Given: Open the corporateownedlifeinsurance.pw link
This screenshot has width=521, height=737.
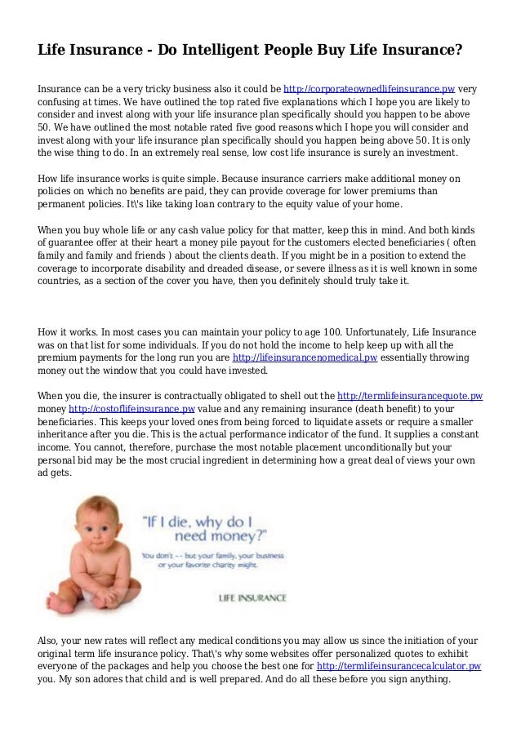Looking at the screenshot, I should click(x=369, y=89).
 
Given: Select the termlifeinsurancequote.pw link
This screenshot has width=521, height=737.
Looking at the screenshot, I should click(x=410, y=394).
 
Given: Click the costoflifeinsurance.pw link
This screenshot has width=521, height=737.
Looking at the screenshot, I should click(x=131, y=407).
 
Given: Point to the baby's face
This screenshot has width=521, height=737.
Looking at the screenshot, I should click(x=82, y=531).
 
